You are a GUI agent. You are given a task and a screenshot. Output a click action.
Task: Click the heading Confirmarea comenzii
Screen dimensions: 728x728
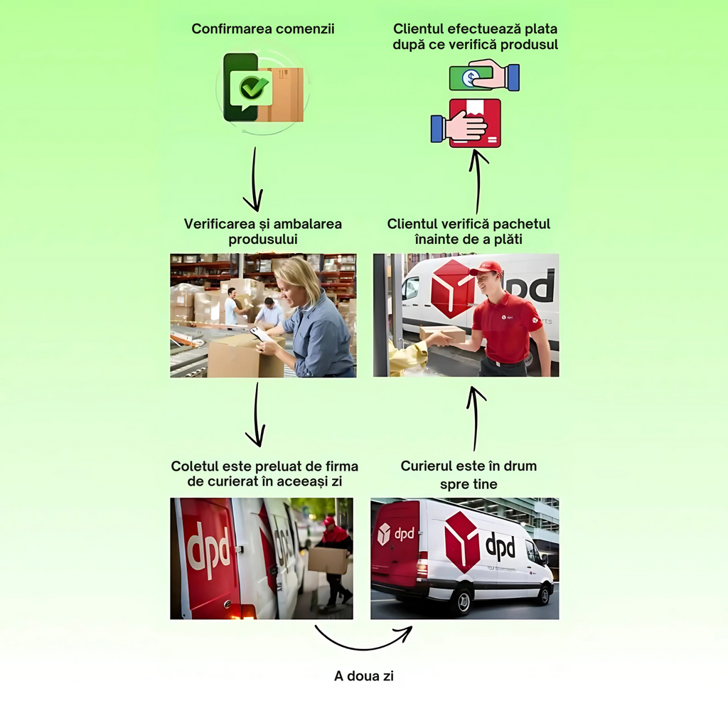click(263, 29)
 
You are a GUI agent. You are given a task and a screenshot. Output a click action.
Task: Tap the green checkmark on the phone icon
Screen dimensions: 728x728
click(253, 87)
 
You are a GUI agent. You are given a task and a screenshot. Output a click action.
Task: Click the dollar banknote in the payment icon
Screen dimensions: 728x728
click(469, 77)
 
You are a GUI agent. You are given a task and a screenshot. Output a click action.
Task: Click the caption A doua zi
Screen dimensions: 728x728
click(364, 676)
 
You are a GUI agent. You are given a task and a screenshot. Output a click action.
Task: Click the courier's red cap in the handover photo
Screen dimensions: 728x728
click(487, 267)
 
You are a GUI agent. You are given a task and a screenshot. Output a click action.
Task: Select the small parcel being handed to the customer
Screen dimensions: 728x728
click(441, 333)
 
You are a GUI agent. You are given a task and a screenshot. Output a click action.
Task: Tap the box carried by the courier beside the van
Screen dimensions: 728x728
click(327, 560)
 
